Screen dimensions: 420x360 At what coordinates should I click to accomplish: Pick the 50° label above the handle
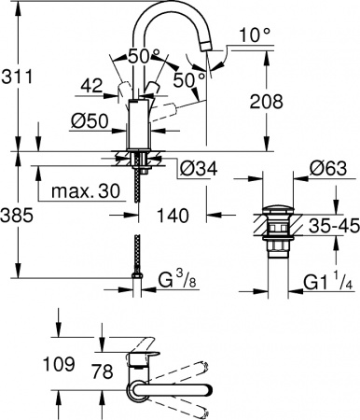(x=144, y=55)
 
